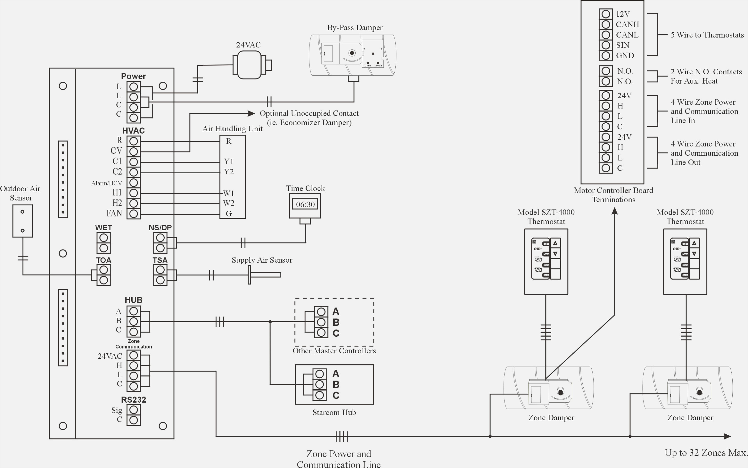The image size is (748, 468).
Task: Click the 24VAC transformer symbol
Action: pyautogui.click(x=249, y=65)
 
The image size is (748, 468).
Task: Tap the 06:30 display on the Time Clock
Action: pyautogui.click(x=305, y=204)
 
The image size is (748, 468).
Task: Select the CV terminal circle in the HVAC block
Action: pyautogui.click(x=133, y=152)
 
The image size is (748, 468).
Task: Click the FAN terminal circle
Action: pyautogui.click(x=133, y=214)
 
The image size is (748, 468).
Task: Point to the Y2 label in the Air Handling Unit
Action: pyautogui.click(x=228, y=172)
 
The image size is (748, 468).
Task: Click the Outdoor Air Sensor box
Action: pyautogui.click(x=22, y=221)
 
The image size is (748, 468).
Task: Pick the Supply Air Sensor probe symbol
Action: pyautogui.click(x=265, y=275)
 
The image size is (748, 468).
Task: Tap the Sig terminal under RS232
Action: pyautogui.click(x=133, y=410)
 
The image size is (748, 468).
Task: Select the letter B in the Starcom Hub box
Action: pyautogui.click(x=336, y=384)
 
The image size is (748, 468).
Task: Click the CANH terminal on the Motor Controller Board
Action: pyautogui.click(x=606, y=24)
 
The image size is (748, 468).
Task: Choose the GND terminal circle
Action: pyautogui.click(x=606, y=56)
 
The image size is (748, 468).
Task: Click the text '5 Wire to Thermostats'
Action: pyautogui.click(x=707, y=35)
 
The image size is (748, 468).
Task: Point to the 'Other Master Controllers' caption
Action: pyautogui.click(x=334, y=351)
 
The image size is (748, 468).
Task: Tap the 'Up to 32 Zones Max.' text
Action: pyautogui.click(x=706, y=453)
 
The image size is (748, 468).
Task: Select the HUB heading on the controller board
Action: pyautogui.click(x=133, y=300)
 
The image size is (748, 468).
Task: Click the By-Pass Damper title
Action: pyautogui.click(x=355, y=27)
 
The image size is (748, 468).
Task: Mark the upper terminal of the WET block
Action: pyautogui.click(x=103, y=238)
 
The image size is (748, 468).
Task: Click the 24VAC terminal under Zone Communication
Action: pyautogui.click(x=133, y=355)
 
